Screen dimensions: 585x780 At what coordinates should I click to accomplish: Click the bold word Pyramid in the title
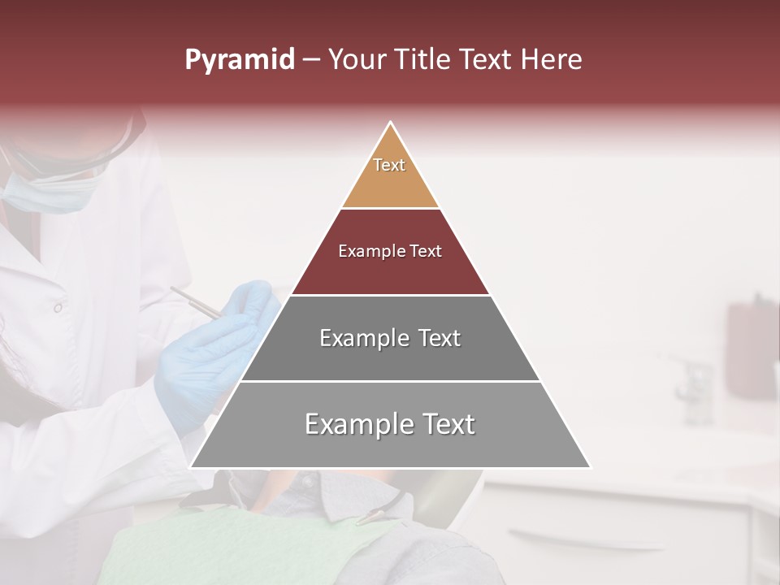[239, 60]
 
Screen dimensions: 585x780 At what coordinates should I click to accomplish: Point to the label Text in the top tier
[389, 165]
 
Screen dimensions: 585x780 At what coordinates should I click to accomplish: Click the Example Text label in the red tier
[390, 251]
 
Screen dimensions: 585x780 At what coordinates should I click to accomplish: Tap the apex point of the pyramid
[391, 123]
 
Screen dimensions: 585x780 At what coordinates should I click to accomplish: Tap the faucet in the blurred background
[695, 382]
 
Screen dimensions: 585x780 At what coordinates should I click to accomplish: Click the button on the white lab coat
[58, 308]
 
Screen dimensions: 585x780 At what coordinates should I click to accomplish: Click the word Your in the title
[357, 60]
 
